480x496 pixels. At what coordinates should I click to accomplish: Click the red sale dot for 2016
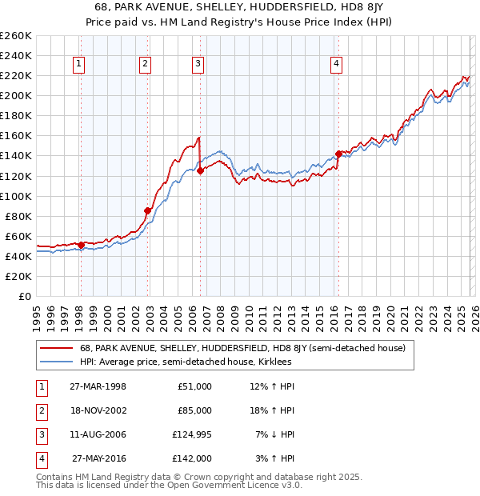[x=338, y=154]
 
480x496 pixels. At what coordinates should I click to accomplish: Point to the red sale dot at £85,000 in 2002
[x=147, y=210]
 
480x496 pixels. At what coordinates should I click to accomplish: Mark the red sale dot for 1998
[x=82, y=245]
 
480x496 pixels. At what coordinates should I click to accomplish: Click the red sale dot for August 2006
[x=200, y=170]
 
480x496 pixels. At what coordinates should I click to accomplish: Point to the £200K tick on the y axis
[x=16, y=95]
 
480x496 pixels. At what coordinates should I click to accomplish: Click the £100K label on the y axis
[x=16, y=196]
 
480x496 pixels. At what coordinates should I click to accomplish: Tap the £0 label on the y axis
[x=24, y=296]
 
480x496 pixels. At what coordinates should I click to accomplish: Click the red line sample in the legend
[x=57, y=349]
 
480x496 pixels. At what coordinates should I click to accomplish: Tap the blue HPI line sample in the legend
[x=57, y=362]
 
